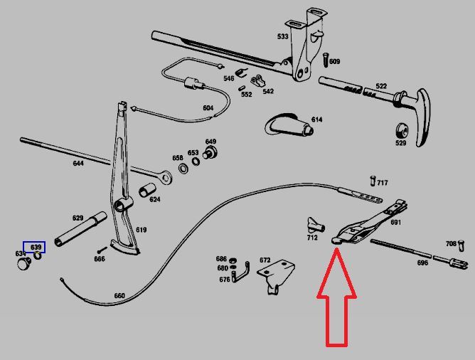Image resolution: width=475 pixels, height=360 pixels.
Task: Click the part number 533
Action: coord(282,37)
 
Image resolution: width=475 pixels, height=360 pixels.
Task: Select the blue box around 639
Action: coord(34,247)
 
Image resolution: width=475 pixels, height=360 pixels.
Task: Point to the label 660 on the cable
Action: coord(119,295)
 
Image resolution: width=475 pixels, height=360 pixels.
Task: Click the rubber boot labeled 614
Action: coord(289,125)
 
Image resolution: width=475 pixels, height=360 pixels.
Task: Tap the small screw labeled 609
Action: coord(326,60)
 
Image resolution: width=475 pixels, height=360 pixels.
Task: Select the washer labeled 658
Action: coord(183,168)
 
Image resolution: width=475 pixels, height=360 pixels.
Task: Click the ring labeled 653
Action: coord(196,162)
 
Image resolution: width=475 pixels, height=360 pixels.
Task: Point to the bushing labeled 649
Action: coord(210,152)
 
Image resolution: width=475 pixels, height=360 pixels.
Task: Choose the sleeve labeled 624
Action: coord(147,190)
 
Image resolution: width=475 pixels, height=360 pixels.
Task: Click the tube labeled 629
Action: coord(80,229)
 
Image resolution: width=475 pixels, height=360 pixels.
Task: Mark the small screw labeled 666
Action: coord(102,250)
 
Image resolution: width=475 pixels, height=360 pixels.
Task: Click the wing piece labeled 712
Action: coord(316,225)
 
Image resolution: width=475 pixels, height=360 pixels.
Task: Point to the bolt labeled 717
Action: coord(373,181)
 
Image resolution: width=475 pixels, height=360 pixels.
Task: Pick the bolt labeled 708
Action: coord(461,245)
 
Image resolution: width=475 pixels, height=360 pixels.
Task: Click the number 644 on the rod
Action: coord(78,164)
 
